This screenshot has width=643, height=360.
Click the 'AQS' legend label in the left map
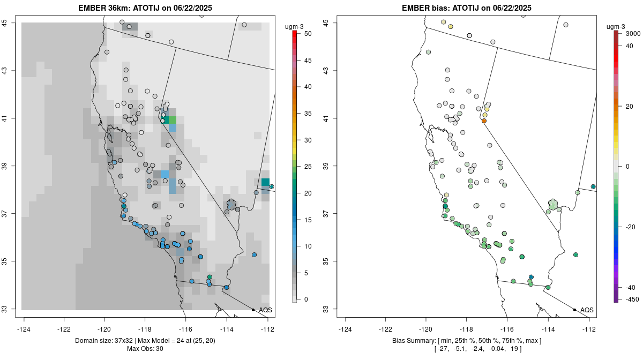[266, 310]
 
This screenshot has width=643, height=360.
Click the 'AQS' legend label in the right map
[587, 310]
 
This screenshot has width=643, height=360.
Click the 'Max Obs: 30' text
[145, 349]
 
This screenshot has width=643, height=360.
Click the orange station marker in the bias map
[484, 121]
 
